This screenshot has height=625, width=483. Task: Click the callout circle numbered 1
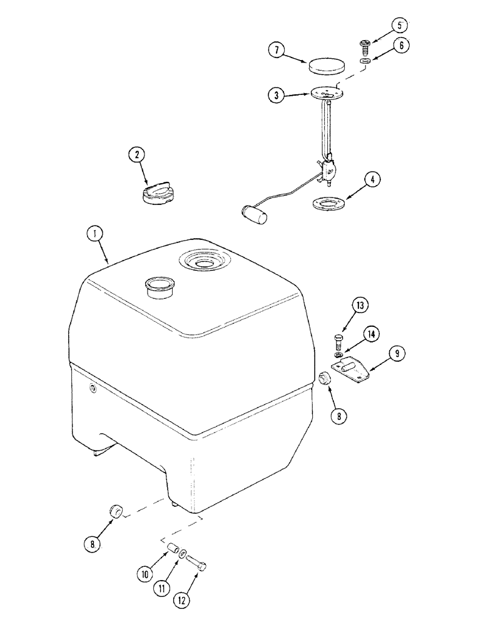point(94,234)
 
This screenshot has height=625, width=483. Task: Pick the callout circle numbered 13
point(360,306)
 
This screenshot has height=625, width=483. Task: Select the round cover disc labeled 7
point(326,66)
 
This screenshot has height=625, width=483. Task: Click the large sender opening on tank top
point(204,259)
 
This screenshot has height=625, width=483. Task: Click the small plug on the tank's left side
point(93,390)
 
